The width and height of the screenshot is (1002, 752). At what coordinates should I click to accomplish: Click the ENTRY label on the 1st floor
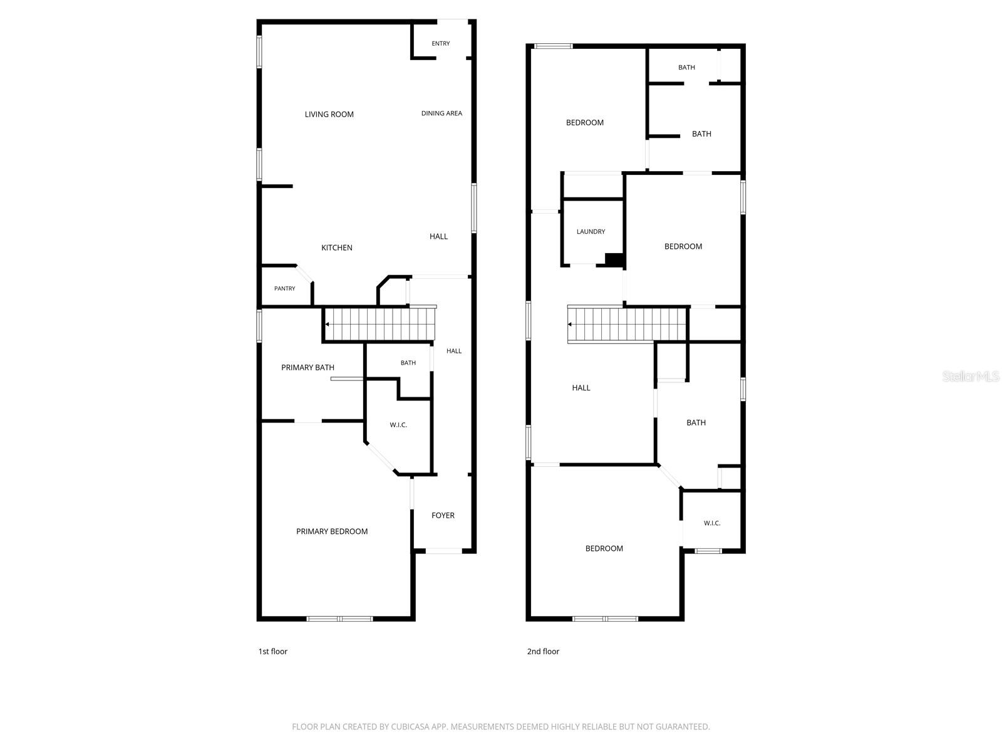[x=440, y=43]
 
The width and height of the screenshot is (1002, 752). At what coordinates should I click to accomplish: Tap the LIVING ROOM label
[x=329, y=114]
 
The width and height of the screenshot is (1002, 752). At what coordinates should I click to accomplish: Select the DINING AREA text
[x=442, y=113]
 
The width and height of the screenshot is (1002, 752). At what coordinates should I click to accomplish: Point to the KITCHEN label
[x=336, y=248]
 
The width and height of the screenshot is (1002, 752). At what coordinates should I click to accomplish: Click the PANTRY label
[x=284, y=288]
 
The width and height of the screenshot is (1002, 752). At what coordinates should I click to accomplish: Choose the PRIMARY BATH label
[x=307, y=368]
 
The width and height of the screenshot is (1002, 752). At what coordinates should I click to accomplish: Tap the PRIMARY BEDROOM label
[x=332, y=531]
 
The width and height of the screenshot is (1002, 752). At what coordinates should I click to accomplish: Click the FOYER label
[x=443, y=516]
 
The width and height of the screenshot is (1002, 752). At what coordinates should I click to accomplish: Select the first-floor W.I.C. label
[x=398, y=425]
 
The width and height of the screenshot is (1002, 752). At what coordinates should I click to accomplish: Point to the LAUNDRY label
[x=591, y=231]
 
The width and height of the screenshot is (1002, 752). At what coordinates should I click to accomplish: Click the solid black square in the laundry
[x=614, y=259]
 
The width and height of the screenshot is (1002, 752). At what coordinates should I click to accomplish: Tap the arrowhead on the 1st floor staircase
[x=327, y=325]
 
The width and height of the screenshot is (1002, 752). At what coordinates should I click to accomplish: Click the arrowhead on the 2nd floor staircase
[x=570, y=325]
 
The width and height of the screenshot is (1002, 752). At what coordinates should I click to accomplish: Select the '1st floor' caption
[x=272, y=652]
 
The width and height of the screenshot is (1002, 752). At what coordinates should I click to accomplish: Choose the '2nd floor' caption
[x=543, y=652]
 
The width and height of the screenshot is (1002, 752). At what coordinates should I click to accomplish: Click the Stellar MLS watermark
[x=971, y=376]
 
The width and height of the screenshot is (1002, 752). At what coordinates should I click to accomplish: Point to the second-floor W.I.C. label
[x=711, y=523]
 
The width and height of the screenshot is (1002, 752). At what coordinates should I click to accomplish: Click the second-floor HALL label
[x=581, y=388]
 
